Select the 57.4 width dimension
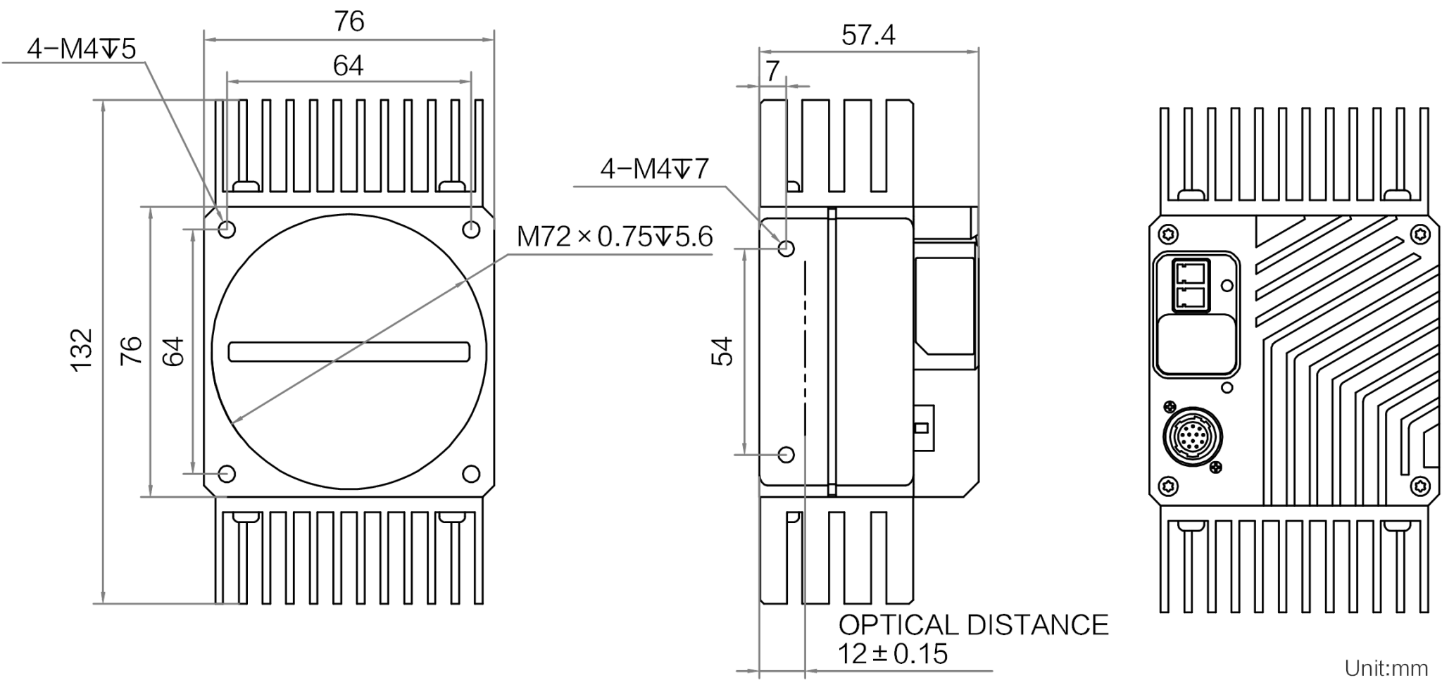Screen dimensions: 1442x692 click(x=868, y=34)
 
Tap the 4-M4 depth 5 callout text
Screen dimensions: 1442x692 click(x=81, y=49)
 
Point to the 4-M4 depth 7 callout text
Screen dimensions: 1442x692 click(x=654, y=169)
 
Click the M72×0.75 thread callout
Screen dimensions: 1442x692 click(x=615, y=237)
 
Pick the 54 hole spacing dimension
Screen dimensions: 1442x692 click(x=722, y=351)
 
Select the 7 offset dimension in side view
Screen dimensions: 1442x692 click(x=772, y=71)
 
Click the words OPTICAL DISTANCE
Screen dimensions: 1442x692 click(x=973, y=625)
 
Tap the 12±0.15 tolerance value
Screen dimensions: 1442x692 click(x=893, y=654)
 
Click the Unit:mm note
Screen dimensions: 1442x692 click(x=1386, y=668)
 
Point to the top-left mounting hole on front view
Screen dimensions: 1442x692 click(x=227, y=229)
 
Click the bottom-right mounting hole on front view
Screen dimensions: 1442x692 click(x=471, y=474)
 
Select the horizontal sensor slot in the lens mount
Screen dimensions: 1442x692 click(x=349, y=351)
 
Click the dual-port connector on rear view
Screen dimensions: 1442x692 click(x=1191, y=285)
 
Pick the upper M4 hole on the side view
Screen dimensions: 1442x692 click(x=786, y=249)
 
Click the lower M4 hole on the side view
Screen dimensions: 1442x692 click(x=786, y=455)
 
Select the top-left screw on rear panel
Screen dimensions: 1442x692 click(x=1168, y=233)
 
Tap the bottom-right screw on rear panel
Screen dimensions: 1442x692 click(x=1420, y=485)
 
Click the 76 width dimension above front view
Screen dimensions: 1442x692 click(x=349, y=21)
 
